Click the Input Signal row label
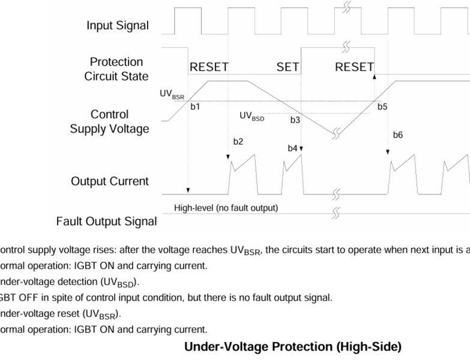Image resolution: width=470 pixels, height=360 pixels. pos(118,26)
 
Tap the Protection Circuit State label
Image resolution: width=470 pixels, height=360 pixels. pos(116,69)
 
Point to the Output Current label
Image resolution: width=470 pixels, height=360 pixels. pos(110,181)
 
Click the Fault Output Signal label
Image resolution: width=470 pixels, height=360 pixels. pos(106,221)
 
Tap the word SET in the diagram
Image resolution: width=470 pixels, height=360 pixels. pos(288,67)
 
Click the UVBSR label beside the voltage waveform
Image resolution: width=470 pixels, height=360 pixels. pos(172,95)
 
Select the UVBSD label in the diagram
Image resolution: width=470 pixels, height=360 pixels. pos(252,116)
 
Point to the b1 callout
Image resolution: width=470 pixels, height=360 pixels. pos(195,107)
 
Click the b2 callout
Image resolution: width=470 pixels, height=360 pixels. pos(238,142)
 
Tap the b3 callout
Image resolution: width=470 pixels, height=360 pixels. pos(295,120)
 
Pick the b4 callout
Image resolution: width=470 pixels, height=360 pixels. pos(292,148)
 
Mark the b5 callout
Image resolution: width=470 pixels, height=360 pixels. pos(382,107)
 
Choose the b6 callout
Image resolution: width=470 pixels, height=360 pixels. pos(398,135)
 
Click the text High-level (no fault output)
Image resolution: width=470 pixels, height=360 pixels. pos(226,208)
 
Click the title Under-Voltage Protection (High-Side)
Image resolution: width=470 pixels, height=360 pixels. pos(292,347)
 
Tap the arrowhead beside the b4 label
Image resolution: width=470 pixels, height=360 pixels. pos(301,148)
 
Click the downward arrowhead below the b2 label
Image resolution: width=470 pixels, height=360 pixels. pos(229,157)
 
